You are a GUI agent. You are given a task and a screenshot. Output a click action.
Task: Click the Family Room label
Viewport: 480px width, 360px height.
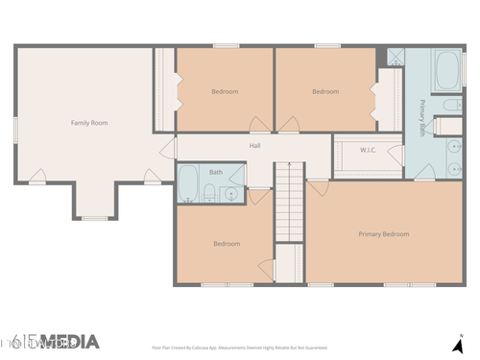coord(88,123)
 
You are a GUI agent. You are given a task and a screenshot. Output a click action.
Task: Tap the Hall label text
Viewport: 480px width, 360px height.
coord(255,146)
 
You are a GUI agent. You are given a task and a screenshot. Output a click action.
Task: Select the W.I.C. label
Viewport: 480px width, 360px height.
coord(368,150)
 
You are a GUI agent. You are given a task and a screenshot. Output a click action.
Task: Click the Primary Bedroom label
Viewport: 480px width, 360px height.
coord(383,234)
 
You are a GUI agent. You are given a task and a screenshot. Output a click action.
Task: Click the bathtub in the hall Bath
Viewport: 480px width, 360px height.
coord(189,182)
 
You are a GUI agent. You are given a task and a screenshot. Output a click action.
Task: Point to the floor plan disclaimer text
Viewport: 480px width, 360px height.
coord(240,348)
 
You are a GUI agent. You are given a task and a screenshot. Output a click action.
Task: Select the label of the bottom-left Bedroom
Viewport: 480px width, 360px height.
coord(227,244)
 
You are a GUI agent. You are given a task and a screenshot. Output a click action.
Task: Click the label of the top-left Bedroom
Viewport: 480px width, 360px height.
coord(225,91)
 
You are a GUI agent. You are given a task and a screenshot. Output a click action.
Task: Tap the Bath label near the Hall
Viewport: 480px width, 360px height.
coord(216,173)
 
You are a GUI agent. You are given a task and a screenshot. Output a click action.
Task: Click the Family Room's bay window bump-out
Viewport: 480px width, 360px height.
coord(95,202)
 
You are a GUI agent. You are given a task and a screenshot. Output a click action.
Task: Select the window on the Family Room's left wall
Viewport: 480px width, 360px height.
coord(15,127)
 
